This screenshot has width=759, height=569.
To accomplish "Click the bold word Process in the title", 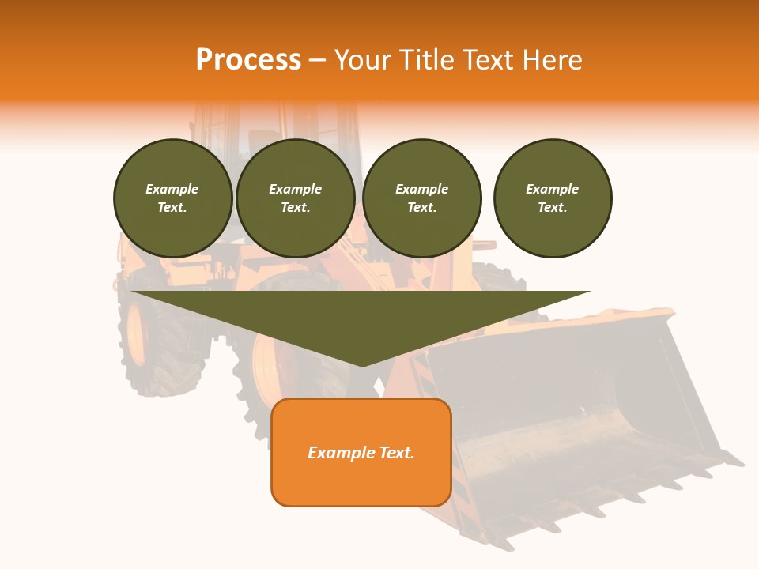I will [x=248, y=60].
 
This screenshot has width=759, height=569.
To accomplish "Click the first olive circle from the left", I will [x=172, y=198].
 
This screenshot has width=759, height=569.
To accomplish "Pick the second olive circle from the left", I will [x=296, y=198].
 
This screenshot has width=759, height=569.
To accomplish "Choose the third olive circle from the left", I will [x=422, y=198].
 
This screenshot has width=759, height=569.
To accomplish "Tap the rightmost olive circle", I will [x=553, y=198].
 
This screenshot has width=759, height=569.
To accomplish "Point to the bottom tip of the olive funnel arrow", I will [x=362, y=365].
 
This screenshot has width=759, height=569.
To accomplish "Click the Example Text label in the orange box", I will [x=361, y=453].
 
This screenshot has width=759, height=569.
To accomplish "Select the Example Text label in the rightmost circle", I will [x=552, y=198].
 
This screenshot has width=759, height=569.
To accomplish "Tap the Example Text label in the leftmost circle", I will [x=172, y=198].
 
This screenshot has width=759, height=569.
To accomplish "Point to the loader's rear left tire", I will [x=158, y=348].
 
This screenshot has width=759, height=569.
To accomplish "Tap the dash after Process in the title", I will [x=318, y=60].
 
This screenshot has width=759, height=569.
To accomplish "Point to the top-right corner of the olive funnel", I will [x=589, y=292].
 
